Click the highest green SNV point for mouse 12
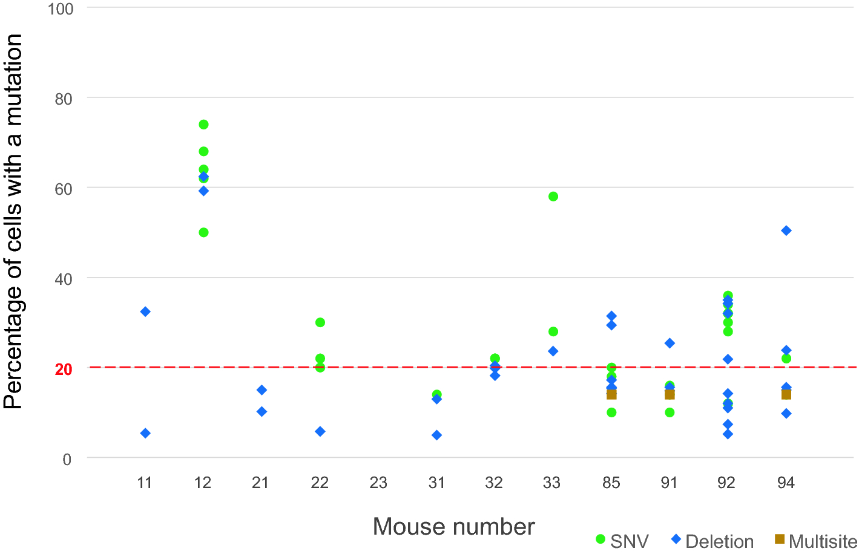pos(203,125)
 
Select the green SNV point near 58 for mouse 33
pos(553,197)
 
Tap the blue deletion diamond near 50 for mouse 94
pos(786,230)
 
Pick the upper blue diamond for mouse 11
pos(145,311)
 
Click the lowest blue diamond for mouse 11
pos(145,433)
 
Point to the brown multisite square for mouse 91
pos(670,394)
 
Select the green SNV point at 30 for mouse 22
pos(320,322)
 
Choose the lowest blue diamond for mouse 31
pos(436,435)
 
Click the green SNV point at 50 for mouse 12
pos(203,232)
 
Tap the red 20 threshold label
pos(64,370)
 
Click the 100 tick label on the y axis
pos(61,9)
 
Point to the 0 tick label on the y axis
pos(67,460)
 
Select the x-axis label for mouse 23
pos(378,483)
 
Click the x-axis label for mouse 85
pos(611,483)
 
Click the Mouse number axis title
pos(453,527)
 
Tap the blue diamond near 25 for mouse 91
pos(670,343)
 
